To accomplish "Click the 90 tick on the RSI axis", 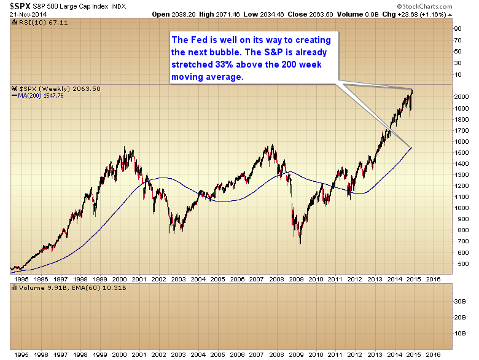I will tap(457, 28).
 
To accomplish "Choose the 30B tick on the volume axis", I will tap(458, 302).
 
